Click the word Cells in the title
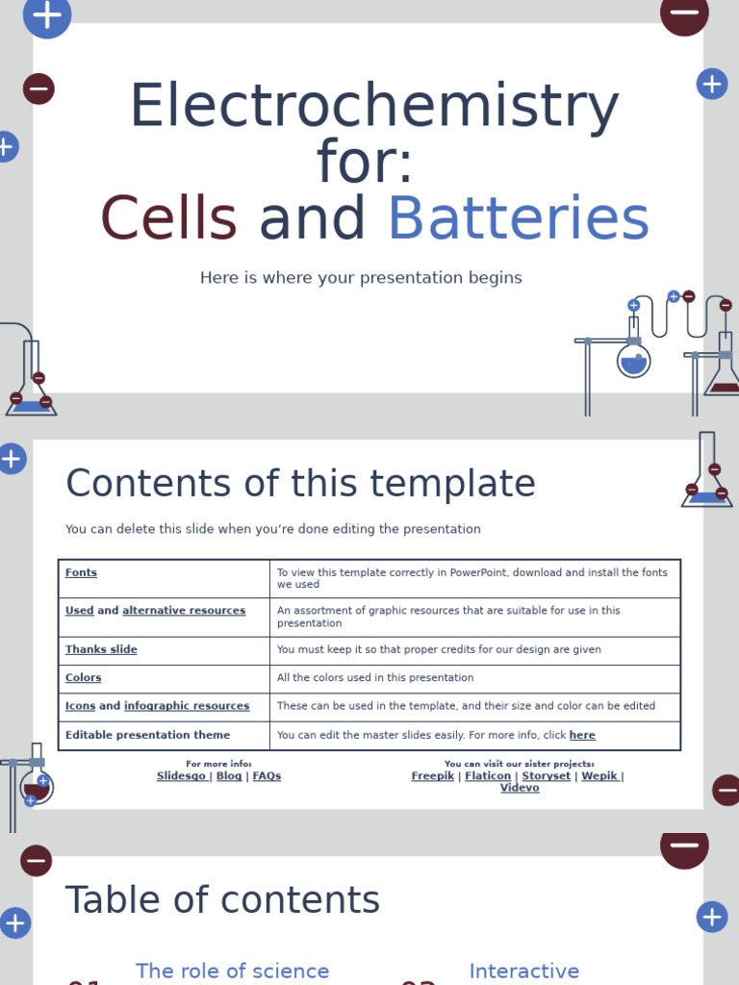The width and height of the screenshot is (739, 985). (x=168, y=219)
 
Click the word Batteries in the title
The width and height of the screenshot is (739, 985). (x=518, y=219)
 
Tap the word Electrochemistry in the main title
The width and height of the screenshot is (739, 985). (x=373, y=107)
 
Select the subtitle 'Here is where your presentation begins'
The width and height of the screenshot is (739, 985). (x=361, y=278)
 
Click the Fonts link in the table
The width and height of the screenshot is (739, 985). (x=81, y=573)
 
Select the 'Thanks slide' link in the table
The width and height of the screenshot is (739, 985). (x=101, y=650)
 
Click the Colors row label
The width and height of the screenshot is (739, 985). (x=83, y=678)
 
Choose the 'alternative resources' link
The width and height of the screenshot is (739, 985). (x=184, y=611)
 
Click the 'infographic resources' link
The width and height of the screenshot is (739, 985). (x=187, y=706)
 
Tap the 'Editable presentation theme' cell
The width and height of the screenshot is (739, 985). (x=147, y=735)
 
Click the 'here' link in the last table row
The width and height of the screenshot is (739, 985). (x=582, y=736)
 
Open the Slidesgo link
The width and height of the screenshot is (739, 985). (x=181, y=776)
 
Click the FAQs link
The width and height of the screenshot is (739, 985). (x=267, y=776)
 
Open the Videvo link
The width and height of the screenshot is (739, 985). (x=520, y=788)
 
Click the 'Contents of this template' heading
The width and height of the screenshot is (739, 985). (x=300, y=484)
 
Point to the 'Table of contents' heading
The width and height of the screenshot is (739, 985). (x=222, y=900)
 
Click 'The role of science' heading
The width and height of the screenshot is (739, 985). (x=232, y=972)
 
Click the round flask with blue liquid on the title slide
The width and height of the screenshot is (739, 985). (x=633, y=362)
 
